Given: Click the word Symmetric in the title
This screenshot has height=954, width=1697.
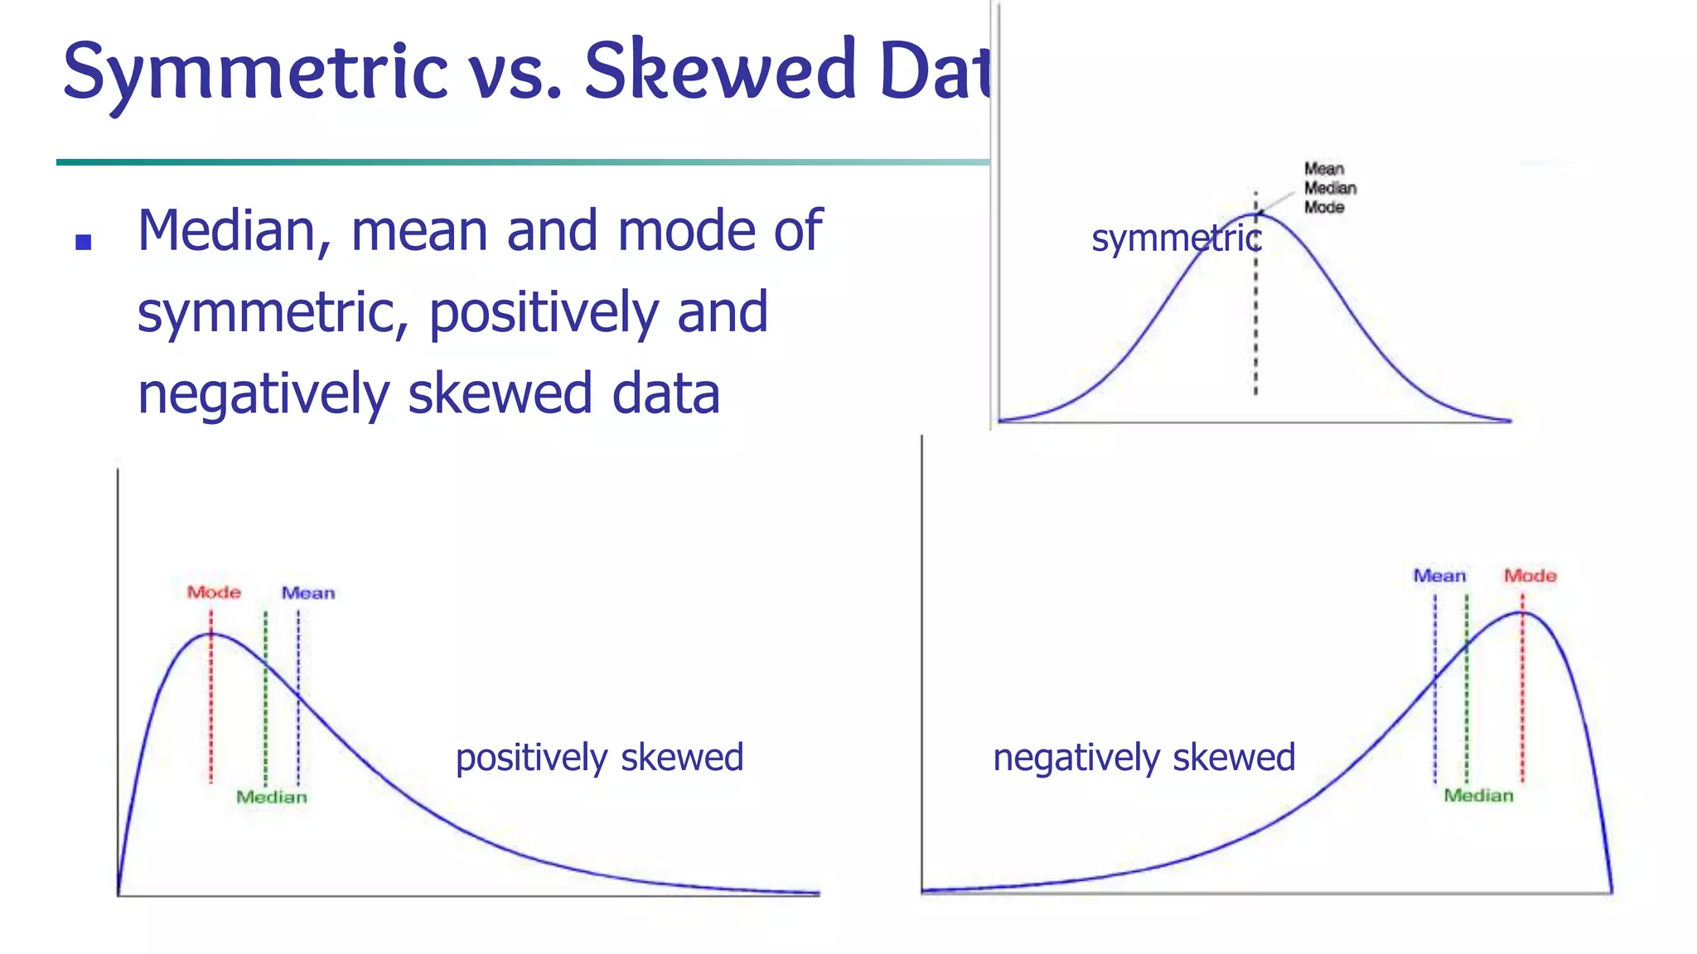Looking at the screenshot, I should click(x=255, y=73).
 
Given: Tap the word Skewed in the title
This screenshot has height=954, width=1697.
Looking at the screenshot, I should click(x=720, y=71).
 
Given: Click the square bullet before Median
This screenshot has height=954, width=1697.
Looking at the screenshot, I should click(x=83, y=242).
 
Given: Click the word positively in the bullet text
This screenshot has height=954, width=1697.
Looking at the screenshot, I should click(x=543, y=313).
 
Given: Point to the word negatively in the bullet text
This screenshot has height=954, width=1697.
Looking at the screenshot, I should click(x=263, y=394).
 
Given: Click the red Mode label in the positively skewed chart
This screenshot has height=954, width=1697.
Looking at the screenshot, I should click(x=214, y=593).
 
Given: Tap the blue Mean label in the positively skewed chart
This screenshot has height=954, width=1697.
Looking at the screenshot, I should click(x=308, y=594).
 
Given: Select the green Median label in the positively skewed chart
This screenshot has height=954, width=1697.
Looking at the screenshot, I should click(x=272, y=797).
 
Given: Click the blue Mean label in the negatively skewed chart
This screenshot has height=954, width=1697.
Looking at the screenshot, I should click(x=1439, y=576).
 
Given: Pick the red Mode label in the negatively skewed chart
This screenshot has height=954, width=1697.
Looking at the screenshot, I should click(x=1530, y=576).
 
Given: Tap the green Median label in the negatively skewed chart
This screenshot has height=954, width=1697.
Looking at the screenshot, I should click(x=1478, y=796).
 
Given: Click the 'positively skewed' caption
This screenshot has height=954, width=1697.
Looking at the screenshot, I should click(x=599, y=758).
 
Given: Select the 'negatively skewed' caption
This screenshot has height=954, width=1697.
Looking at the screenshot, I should click(x=1143, y=758).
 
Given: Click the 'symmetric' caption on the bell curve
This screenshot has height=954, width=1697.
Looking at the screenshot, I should click(x=1177, y=239).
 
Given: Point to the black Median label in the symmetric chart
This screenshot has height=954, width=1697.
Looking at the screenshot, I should click(x=1330, y=189).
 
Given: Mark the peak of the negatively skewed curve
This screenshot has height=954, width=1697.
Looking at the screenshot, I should click(x=1522, y=612).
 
